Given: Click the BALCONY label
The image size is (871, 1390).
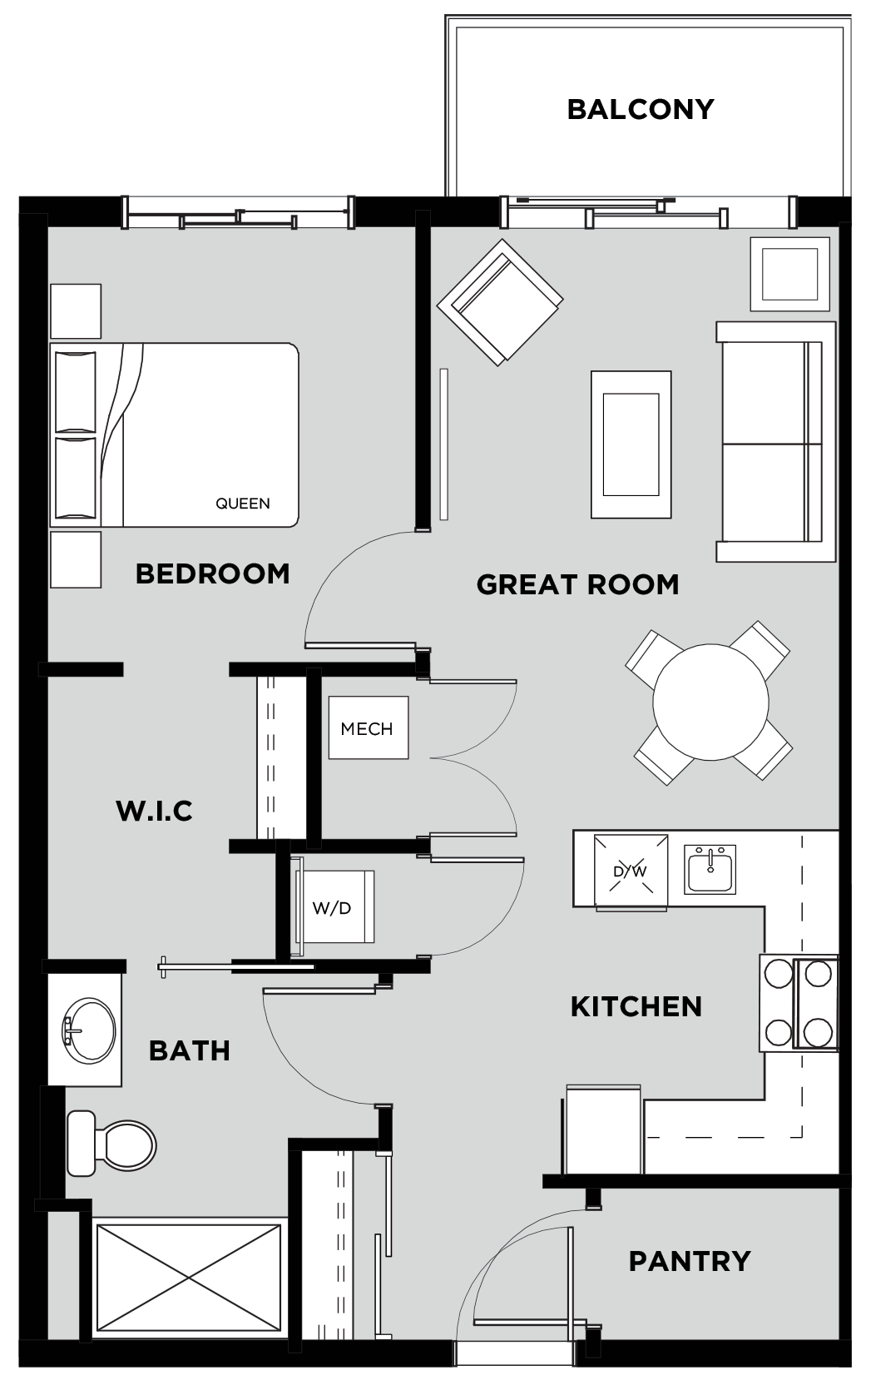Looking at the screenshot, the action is [x=641, y=109].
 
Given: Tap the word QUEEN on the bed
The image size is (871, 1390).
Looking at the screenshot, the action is [x=243, y=504].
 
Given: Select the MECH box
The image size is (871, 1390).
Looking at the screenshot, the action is [x=369, y=727].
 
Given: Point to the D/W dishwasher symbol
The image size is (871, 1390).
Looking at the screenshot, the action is [x=631, y=871].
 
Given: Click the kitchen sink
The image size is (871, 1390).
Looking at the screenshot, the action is [x=710, y=869].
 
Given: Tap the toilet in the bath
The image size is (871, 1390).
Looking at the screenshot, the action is [x=111, y=1143].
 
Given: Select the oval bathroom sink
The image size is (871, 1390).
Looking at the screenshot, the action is [x=89, y=1030].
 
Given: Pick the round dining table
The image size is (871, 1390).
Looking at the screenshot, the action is [x=711, y=702].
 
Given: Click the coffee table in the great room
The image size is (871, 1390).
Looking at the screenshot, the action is [x=631, y=444].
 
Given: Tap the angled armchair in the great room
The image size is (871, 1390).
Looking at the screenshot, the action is [x=500, y=302].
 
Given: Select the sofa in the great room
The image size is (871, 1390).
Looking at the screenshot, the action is [x=775, y=442].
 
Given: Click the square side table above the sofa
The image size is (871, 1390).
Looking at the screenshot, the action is [x=789, y=274].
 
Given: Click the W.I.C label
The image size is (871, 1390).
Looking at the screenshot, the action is [x=155, y=811].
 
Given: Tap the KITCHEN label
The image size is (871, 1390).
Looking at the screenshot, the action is [x=636, y=1006].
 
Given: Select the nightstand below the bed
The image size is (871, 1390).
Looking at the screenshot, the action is [x=76, y=559].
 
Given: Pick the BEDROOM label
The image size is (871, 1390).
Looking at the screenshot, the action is [x=213, y=573].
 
